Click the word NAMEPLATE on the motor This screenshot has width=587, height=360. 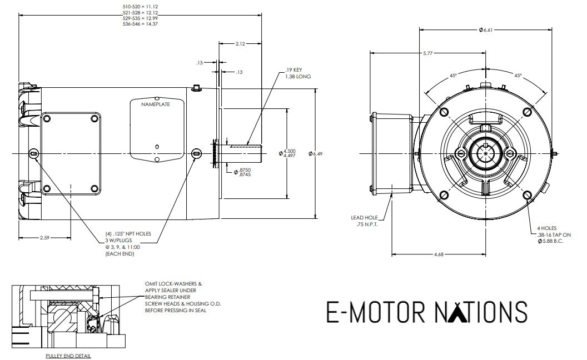click(155, 104)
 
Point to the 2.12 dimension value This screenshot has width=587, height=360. click(240, 43)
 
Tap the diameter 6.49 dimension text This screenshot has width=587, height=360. click(317, 153)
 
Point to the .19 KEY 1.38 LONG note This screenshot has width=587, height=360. click(296, 73)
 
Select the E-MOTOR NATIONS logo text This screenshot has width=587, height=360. click(426, 312)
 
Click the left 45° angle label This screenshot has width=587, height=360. click(454, 76)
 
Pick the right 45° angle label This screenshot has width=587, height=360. click(518, 76)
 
